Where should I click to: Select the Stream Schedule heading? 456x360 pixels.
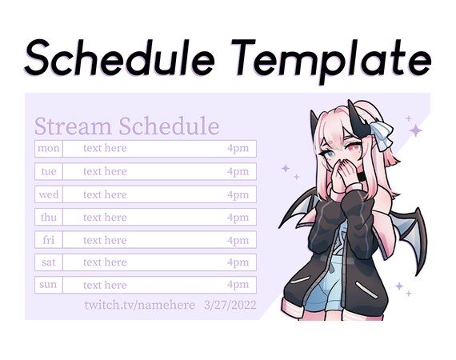pyautogui.click(x=126, y=126)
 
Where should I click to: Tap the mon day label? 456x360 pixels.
pyautogui.click(x=49, y=148)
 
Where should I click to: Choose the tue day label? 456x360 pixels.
pyautogui.click(x=49, y=171)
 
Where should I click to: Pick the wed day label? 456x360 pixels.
pyautogui.click(x=49, y=194)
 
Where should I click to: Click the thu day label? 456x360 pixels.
pyautogui.click(x=49, y=217)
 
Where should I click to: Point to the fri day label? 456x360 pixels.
pyautogui.click(x=49, y=240)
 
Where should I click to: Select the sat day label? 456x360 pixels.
pyautogui.click(x=49, y=262)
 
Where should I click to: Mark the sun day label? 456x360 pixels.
pyautogui.click(x=49, y=285)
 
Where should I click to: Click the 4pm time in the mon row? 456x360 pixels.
pyautogui.click(x=238, y=148)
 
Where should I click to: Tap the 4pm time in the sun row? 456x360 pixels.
pyautogui.click(x=238, y=285)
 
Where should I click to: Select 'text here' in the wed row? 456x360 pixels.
pyautogui.click(x=105, y=194)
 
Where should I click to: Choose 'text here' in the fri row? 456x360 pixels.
pyautogui.click(x=105, y=240)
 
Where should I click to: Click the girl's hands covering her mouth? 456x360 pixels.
pyautogui.click(x=341, y=174)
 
